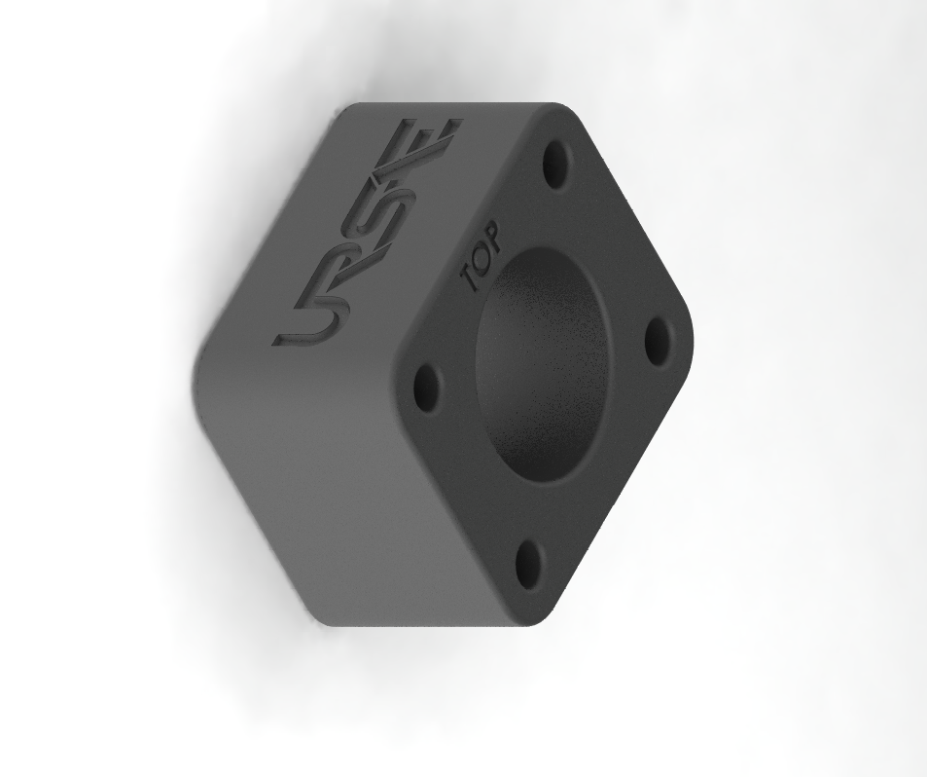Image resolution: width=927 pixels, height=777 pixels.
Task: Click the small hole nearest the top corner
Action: (557, 163)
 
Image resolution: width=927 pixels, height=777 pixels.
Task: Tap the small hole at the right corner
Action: (657, 342)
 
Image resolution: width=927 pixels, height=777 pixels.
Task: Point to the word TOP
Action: (481, 256)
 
